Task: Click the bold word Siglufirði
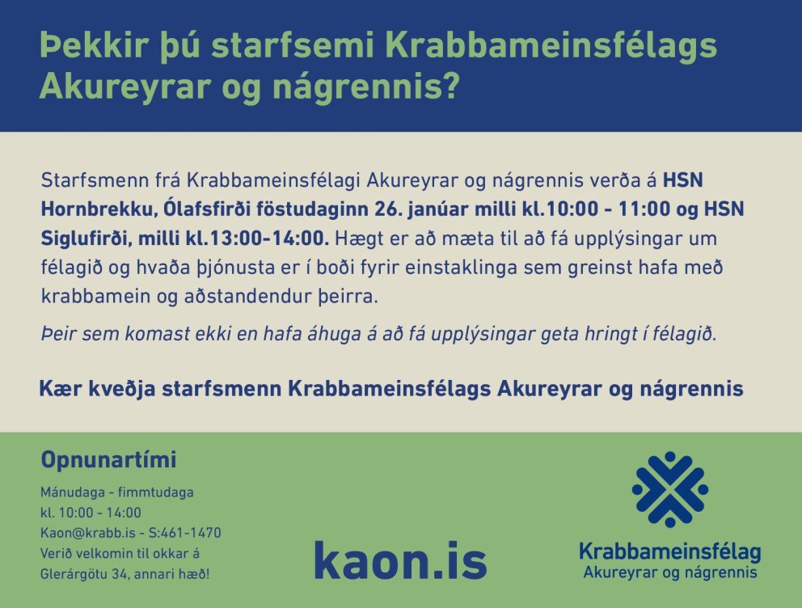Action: (x=86, y=239)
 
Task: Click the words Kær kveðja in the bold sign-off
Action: (x=97, y=389)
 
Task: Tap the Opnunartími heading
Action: (x=108, y=461)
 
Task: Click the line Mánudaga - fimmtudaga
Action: (x=117, y=492)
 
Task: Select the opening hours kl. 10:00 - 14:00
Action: (x=91, y=513)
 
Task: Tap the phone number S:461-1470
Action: (x=188, y=533)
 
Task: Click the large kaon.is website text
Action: (x=400, y=559)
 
